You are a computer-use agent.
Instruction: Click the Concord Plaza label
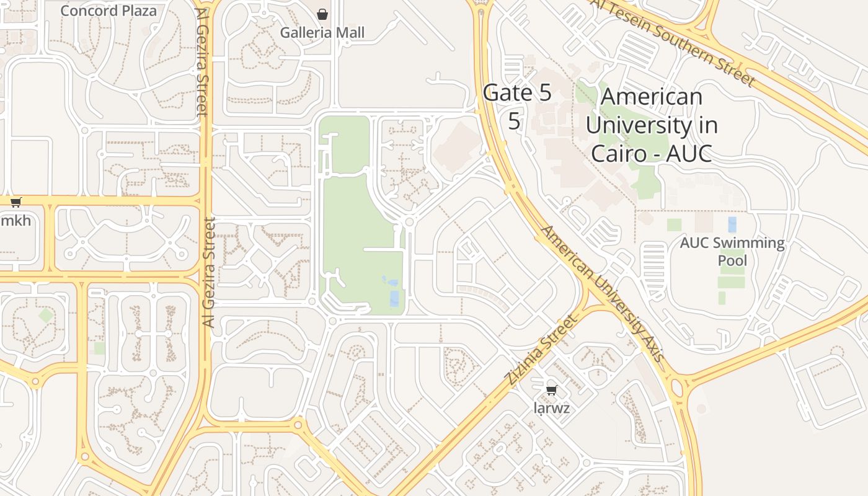coord(108,11)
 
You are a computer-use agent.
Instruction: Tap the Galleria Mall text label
coord(322,32)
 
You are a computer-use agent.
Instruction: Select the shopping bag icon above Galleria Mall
coord(322,14)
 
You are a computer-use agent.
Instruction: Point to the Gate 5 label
coord(516,93)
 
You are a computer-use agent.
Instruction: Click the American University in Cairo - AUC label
coord(651,125)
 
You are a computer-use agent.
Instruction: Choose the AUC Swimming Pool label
coord(732,251)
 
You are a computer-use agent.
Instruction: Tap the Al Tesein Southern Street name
coord(673,42)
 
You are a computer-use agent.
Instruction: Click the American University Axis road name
coord(602,294)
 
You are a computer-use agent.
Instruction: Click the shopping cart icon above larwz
coord(551,390)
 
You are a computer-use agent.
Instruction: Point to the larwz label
coord(551,409)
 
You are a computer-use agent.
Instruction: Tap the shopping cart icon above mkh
coord(16,202)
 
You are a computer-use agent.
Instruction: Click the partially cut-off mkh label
coord(15,221)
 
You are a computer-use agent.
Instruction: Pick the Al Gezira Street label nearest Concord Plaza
coord(202,62)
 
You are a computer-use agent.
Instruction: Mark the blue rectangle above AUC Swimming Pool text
coord(732,224)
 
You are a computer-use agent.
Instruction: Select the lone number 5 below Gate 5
coord(514,121)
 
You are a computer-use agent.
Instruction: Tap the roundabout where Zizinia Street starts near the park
coord(332,321)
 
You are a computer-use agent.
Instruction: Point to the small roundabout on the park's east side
coord(409,221)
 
